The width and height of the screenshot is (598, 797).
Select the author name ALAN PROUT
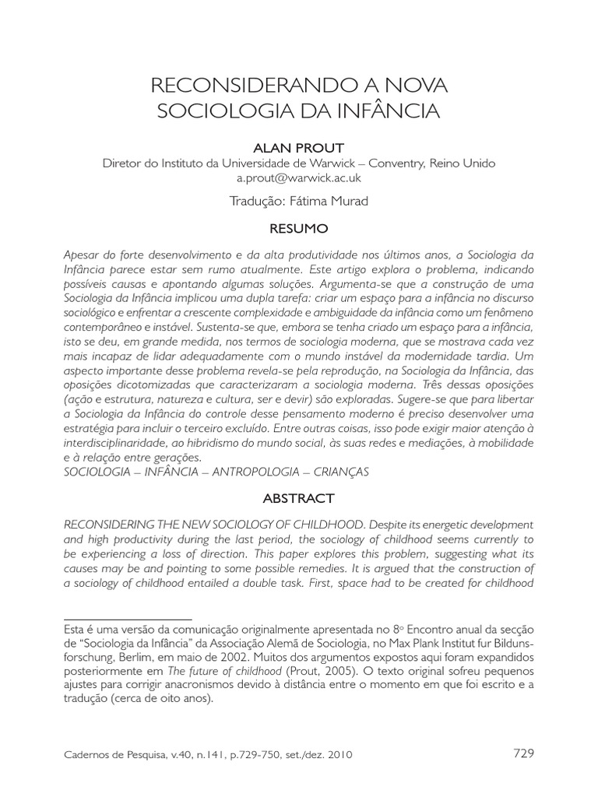299,147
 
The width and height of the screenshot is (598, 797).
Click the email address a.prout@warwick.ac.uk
299,177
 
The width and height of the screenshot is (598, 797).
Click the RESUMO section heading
299,229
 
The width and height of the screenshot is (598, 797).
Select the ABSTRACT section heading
299,498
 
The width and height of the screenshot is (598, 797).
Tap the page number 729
524,753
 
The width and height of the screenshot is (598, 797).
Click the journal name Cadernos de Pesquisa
111,754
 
